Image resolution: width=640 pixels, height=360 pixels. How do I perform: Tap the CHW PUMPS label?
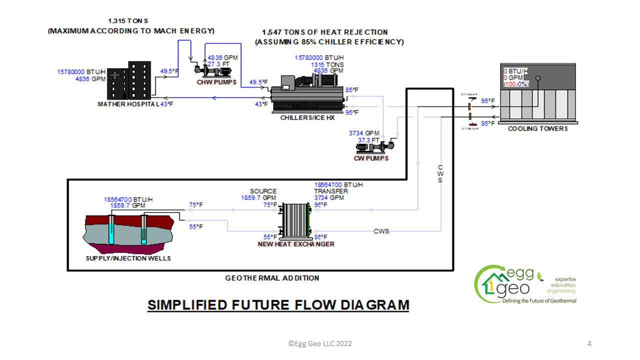(x=216, y=82)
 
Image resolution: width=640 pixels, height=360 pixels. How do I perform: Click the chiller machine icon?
(x=307, y=92)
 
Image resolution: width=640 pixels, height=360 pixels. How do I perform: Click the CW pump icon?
(x=374, y=146)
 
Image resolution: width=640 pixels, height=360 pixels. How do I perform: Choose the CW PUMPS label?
(x=371, y=158)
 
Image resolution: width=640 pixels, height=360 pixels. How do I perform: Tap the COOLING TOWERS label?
(x=537, y=129)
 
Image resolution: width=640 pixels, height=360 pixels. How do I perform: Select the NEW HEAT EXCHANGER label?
(x=296, y=244)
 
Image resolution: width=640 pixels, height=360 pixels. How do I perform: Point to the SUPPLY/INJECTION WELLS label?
(x=128, y=258)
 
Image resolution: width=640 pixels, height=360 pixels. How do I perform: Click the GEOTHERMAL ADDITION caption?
(x=272, y=278)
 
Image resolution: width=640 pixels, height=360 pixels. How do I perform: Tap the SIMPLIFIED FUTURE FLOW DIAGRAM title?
(x=278, y=304)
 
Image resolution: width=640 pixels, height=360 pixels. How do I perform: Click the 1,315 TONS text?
(x=128, y=21)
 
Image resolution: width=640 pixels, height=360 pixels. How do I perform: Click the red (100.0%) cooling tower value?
(x=516, y=84)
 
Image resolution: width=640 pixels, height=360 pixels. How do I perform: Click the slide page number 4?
(x=589, y=343)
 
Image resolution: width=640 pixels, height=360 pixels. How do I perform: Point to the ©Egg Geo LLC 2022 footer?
(x=320, y=343)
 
